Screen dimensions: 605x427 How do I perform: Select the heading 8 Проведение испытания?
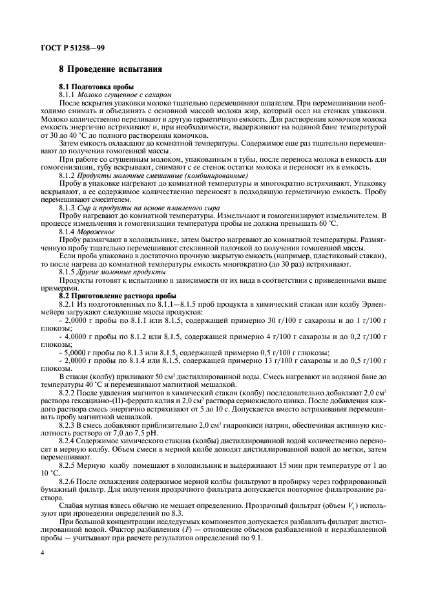(110, 69)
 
